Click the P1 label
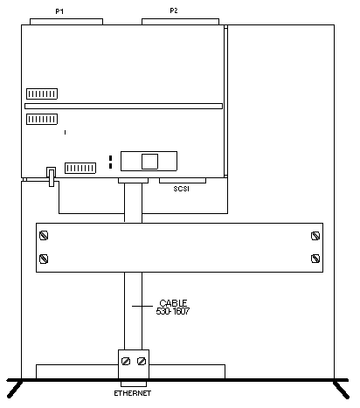pos(59,11)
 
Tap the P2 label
pos(174,10)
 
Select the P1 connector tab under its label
pos(66,22)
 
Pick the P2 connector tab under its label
pos(180,22)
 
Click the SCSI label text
pos(182,189)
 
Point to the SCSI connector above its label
pos(183,181)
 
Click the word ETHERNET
pos(133,393)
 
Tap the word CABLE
pos(173,303)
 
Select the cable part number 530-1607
pos(173,311)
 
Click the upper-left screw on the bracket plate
pos(44,235)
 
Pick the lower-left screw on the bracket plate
pos(44,259)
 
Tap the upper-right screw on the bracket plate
pos(315,236)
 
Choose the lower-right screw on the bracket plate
pos(315,259)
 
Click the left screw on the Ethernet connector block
pos(126,362)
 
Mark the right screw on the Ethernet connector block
pos(142,362)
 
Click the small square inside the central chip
pos(150,162)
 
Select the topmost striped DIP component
pos(42,94)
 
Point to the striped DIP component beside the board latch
pos(80,169)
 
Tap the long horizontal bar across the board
pos(124,106)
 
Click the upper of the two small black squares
pos(110,158)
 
